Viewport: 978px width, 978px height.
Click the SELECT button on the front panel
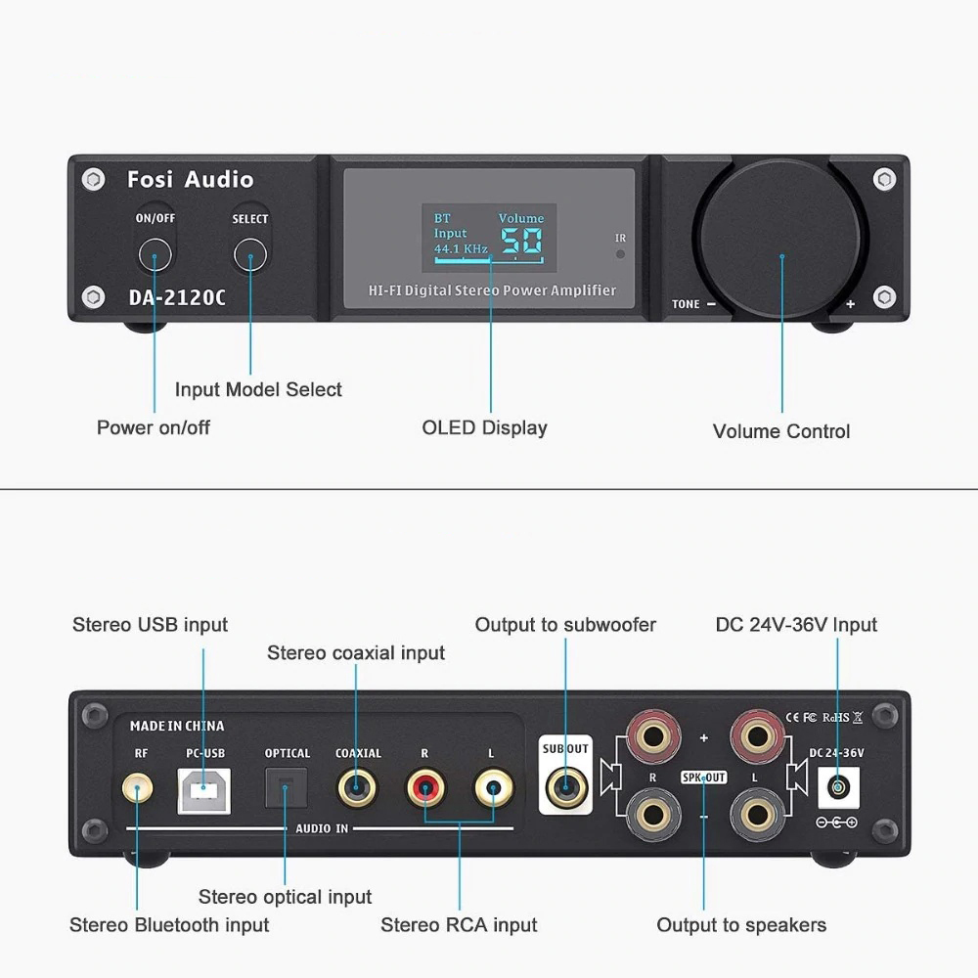point(250,256)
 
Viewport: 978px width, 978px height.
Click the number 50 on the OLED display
point(521,242)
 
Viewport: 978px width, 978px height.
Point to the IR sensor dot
point(620,253)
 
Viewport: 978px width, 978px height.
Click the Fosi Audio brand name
point(190,180)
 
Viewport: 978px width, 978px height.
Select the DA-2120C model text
point(177,297)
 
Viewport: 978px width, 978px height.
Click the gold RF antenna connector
point(137,787)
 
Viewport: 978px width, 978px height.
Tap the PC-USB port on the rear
point(203,788)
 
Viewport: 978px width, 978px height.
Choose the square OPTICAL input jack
point(287,786)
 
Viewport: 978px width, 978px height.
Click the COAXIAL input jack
point(356,786)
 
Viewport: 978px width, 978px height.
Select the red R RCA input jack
point(426,786)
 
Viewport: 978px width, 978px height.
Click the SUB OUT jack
point(565,785)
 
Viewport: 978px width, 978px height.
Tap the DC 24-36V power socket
point(837,786)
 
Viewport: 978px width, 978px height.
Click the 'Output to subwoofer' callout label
point(565,625)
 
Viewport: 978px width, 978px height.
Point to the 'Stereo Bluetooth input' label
point(169,924)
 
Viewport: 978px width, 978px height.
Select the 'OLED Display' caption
point(484,427)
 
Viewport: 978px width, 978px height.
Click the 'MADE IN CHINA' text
point(177,726)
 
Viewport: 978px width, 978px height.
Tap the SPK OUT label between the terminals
point(703,778)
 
